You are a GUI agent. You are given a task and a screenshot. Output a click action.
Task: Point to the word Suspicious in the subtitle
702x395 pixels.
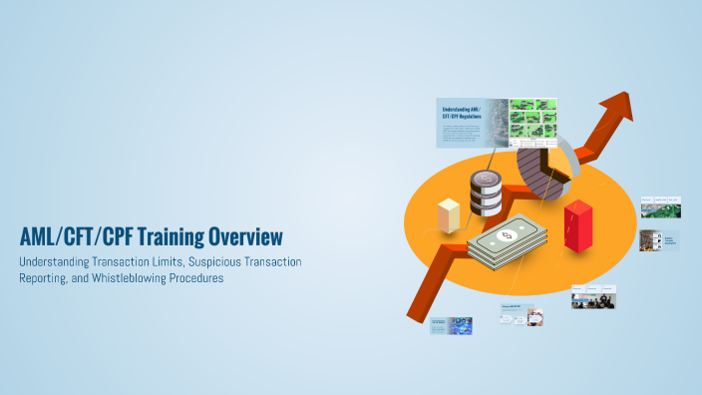(189, 261)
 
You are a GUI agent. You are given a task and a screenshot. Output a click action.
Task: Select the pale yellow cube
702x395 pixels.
(449, 214)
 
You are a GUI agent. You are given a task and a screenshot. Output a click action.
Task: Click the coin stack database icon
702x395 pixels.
(487, 193)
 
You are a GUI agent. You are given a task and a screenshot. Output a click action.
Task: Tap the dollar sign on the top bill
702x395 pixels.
(506, 235)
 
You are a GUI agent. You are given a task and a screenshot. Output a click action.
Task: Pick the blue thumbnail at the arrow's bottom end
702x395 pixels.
(451, 325)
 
